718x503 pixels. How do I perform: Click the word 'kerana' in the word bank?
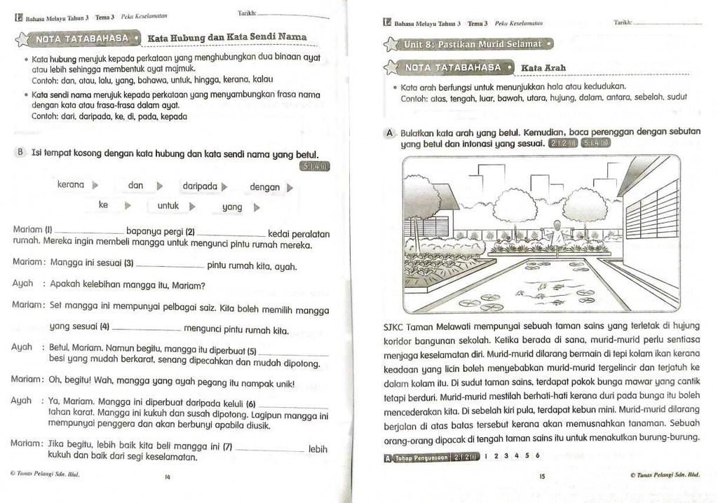click(71, 185)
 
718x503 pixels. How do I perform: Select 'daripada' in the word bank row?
click(199, 186)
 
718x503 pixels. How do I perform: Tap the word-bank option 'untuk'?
click(168, 206)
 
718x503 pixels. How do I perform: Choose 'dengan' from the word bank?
click(264, 187)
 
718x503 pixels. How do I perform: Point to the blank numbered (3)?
click(170, 268)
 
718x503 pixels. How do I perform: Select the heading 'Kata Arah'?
click(543, 68)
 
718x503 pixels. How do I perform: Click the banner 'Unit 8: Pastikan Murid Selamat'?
click(473, 44)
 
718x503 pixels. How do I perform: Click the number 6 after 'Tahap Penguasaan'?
click(538, 455)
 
